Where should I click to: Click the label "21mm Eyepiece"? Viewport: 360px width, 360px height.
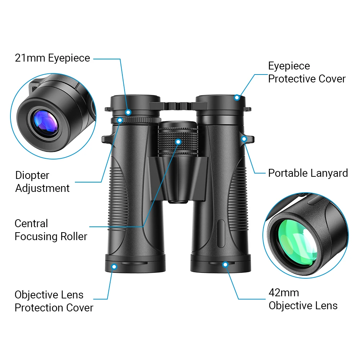(53, 58)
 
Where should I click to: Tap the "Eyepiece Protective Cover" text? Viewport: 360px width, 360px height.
(307, 72)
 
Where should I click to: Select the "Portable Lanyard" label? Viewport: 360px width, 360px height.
(308, 173)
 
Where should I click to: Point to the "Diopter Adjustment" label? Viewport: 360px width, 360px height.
(42, 182)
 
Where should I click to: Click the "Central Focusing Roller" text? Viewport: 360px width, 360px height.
(51, 230)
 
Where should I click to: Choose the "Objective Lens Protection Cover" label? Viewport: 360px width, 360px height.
(54, 301)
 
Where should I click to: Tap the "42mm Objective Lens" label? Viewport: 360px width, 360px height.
(303, 299)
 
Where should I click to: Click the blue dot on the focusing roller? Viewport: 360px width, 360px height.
(178, 141)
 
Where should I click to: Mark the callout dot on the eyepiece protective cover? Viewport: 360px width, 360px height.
(237, 97)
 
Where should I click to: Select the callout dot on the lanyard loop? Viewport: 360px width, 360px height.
(244, 139)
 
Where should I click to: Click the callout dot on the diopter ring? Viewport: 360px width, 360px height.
(120, 121)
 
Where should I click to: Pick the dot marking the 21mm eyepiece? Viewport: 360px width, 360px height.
(128, 112)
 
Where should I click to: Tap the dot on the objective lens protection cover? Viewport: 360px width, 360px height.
(114, 267)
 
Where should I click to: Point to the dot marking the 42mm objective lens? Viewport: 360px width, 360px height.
(225, 265)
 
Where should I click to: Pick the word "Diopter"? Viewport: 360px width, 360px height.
(32, 175)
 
